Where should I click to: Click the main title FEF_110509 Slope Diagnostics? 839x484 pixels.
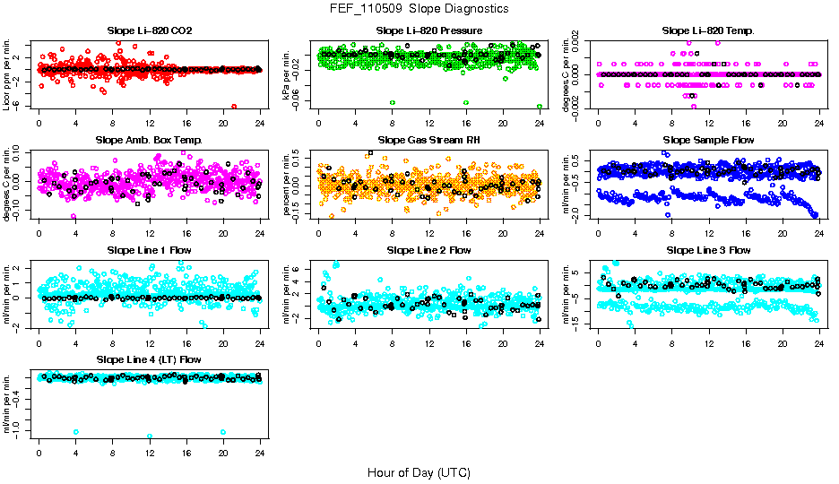pos(419,8)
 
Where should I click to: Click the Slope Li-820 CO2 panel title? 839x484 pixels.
pos(149,31)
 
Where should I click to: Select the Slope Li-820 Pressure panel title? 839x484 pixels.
pos(429,31)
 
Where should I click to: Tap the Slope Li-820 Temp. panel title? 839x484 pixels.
pos(708,31)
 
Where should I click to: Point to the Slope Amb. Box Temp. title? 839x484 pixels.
pos(149,141)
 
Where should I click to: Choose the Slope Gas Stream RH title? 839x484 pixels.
pos(429,141)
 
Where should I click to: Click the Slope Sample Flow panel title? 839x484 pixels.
pos(708,141)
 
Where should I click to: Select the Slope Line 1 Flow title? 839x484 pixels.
pos(149,250)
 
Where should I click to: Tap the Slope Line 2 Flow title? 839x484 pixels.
pos(429,250)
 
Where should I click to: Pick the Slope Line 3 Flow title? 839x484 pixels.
pos(708,250)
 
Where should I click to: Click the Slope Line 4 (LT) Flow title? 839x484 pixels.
pos(149,359)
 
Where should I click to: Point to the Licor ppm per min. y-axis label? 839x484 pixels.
pos(7,74)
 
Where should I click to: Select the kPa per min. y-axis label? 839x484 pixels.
pos(287,74)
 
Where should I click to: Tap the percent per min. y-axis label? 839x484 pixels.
pos(287,184)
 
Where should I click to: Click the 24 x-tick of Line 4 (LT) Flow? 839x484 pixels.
pos(260,452)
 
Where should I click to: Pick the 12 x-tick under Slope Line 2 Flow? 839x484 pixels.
pos(429,342)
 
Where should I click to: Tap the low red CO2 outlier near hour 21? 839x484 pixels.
pos(234,106)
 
